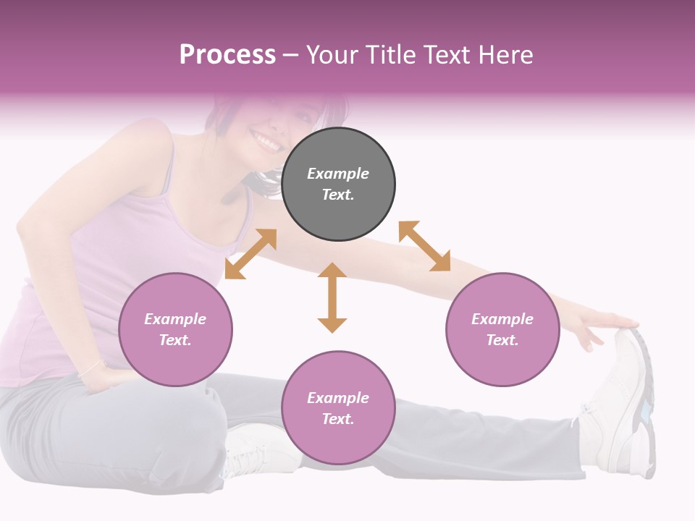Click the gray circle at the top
coord(338,185)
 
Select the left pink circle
coord(175,329)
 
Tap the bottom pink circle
coord(338,408)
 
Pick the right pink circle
coord(502,329)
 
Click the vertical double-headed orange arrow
coord(332,297)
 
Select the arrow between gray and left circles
coord(250,254)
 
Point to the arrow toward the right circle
coord(424,246)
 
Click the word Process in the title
coord(227,55)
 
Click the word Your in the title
coord(333,55)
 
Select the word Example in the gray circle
coord(338,174)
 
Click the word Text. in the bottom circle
coord(338,419)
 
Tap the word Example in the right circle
coord(502,319)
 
